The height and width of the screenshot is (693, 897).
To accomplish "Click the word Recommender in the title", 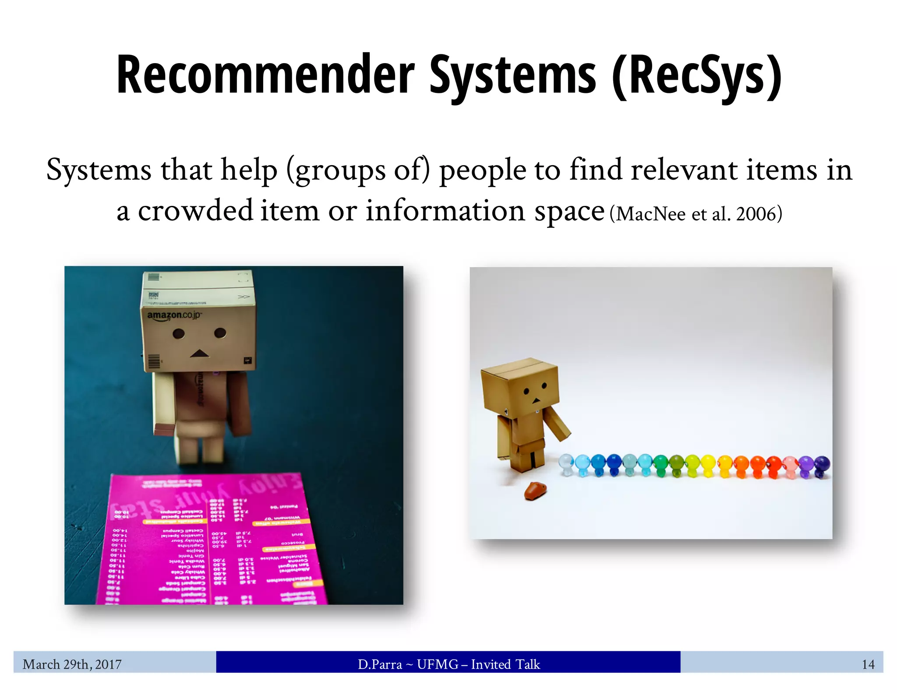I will (265, 74).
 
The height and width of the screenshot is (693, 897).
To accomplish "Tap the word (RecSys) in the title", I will (696, 75).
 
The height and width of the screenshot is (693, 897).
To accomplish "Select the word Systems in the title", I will (512, 75).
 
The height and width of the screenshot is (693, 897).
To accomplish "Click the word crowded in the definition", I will (195, 211).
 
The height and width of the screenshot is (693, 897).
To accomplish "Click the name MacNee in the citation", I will (651, 214).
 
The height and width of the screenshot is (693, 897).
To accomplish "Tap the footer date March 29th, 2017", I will (72, 664).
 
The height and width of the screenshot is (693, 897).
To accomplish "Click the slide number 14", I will (868, 665).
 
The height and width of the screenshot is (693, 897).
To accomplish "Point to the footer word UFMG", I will (436, 665).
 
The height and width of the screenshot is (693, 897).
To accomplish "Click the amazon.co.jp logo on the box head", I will (174, 315).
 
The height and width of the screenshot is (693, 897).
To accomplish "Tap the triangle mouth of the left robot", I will (199, 353).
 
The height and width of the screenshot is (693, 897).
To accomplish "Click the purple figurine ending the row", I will (821, 466).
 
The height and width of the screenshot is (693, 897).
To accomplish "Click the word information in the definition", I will (445, 211).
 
